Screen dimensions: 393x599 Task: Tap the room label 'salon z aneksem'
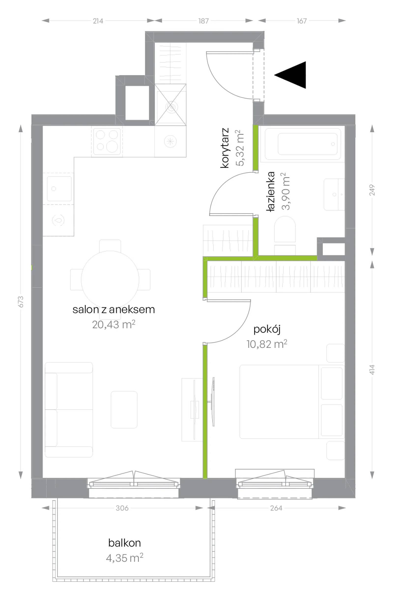click(x=113, y=310)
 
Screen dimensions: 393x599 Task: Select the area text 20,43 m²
click(x=113, y=324)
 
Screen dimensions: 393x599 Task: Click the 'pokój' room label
click(x=267, y=329)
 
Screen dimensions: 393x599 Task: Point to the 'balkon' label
click(x=124, y=543)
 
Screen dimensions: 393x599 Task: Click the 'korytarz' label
click(x=224, y=148)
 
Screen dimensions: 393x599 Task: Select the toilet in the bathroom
click(x=285, y=235)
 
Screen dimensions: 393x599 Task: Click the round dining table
click(x=110, y=279)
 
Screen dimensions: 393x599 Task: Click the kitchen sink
click(x=59, y=188)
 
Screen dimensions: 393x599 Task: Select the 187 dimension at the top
click(x=203, y=21)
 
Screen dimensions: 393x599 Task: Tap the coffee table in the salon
click(x=124, y=410)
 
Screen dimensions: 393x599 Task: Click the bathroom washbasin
click(x=334, y=194)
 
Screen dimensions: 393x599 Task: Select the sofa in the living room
click(x=69, y=410)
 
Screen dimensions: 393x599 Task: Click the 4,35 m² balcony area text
click(x=125, y=558)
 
